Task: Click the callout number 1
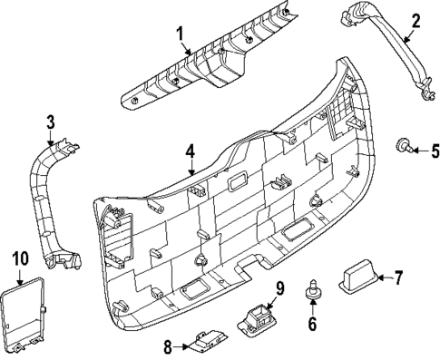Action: tap(180, 34)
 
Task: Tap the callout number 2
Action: tap(416, 20)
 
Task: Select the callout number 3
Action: tap(51, 121)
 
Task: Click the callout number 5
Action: tap(434, 149)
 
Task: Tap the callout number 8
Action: tap(168, 345)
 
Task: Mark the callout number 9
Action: tap(280, 288)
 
